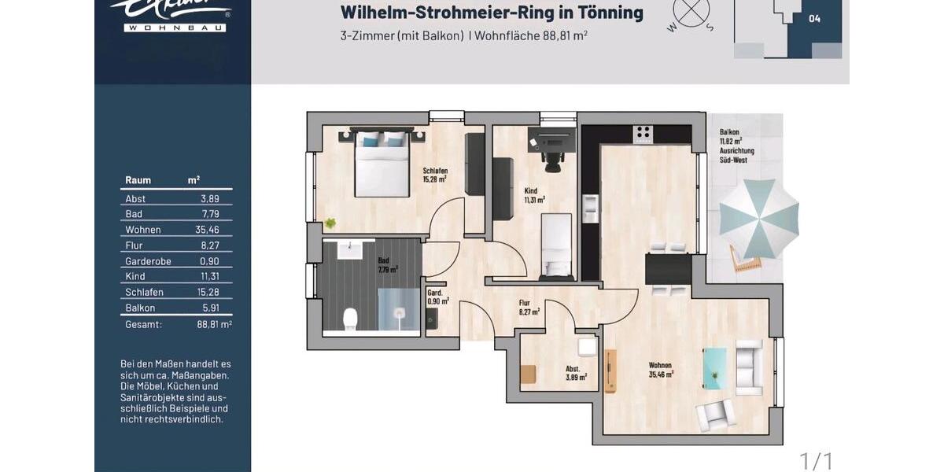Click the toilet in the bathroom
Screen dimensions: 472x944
[351, 317]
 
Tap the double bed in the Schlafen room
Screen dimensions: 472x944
[382, 164]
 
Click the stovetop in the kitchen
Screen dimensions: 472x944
[644, 132]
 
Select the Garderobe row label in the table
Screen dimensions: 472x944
[148, 261]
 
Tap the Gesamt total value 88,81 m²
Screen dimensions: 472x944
[214, 324]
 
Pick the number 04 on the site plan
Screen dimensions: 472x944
[814, 19]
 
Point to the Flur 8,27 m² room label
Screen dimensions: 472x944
[529, 307]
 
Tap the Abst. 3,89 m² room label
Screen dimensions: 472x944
[576, 372]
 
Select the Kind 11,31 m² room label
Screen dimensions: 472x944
[534, 195]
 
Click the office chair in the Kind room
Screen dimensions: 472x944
[554, 159]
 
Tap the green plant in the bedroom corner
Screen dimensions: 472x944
[330, 223]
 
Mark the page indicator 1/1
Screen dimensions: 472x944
[816, 459]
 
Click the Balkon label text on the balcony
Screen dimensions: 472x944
[728, 133]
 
